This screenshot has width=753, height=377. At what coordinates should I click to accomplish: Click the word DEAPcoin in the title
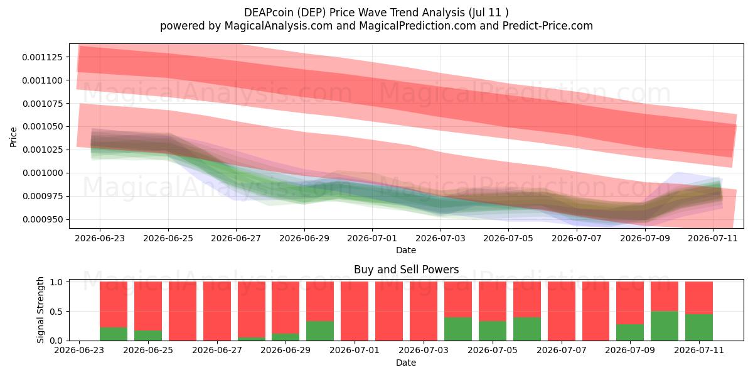point(269,13)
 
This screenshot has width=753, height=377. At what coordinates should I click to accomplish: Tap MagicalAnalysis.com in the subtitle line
point(279,26)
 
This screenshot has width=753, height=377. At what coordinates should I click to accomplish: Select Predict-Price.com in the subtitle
point(548,26)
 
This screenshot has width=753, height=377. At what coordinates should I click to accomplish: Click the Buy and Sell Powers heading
point(406,270)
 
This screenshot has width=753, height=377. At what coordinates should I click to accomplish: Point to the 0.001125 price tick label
point(43,57)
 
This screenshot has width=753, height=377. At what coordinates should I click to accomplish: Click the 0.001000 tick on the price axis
point(43,173)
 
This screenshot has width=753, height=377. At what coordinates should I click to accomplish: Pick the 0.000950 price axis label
point(43,219)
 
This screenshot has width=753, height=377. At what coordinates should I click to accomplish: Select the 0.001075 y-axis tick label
point(43,104)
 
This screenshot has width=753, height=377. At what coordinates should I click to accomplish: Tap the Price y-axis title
point(13,137)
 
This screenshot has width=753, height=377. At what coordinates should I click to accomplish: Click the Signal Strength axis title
point(40,310)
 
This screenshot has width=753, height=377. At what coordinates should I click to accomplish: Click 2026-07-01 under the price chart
point(372,238)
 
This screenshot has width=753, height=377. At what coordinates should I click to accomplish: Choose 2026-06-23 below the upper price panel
point(100,238)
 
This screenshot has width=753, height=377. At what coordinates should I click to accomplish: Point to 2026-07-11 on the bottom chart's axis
point(699,350)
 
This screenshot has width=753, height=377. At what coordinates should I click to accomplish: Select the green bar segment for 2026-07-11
point(699,327)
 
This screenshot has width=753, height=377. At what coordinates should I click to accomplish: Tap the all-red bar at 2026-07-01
point(355,311)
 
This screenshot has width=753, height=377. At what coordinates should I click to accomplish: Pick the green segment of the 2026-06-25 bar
point(148,336)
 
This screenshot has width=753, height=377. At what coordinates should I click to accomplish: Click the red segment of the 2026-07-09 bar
point(630,303)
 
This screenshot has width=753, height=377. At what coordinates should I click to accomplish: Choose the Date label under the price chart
point(406,250)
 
